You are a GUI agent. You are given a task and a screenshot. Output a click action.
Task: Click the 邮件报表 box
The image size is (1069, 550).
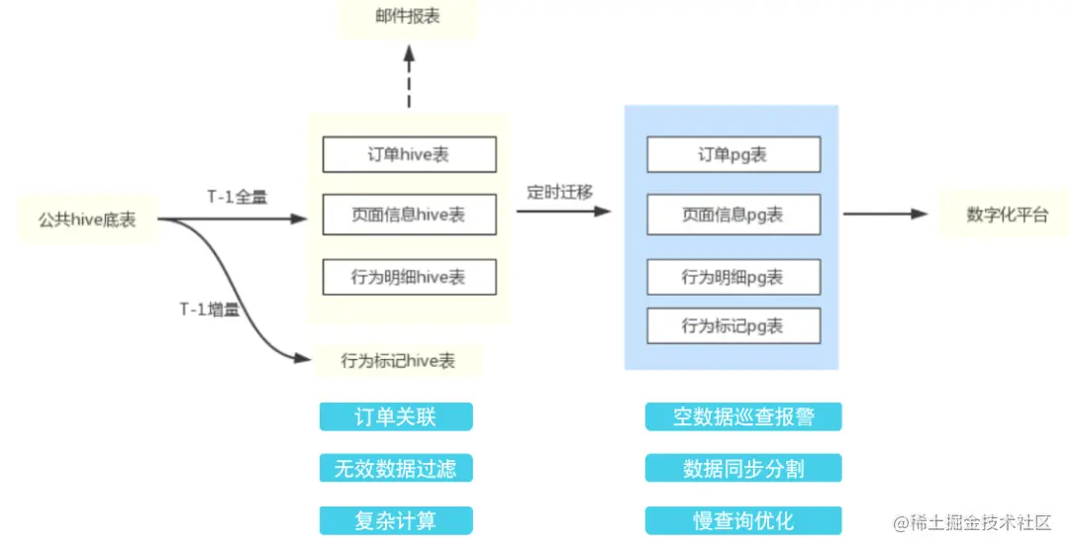pyautogui.click(x=408, y=19)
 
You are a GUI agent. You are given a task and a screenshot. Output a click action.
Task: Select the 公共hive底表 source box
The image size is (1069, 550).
pyautogui.click(x=87, y=220)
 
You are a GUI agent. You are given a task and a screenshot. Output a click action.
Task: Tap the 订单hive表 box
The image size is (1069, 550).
pyautogui.click(x=409, y=154)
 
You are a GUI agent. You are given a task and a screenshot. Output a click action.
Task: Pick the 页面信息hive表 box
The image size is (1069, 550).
pyautogui.click(x=409, y=215)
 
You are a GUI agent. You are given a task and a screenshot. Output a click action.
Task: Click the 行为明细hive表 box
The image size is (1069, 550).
pyautogui.click(x=409, y=277)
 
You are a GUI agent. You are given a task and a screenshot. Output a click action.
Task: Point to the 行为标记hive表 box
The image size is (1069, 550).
pyautogui.click(x=398, y=361)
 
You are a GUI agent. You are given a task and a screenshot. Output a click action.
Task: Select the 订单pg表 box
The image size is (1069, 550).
pyautogui.click(x=732, y=154)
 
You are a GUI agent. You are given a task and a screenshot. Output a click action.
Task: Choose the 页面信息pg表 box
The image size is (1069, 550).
pyautogui.click(x=732, y=215)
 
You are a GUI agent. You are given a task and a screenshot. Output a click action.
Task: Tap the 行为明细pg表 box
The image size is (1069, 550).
pyautogui.click(x=732, y=277)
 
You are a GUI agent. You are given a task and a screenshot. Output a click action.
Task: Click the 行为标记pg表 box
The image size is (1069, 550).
pyautogui.click(x=732, y=325)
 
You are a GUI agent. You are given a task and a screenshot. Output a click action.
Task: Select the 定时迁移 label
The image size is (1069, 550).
pyautogui.click(x=559, y=192)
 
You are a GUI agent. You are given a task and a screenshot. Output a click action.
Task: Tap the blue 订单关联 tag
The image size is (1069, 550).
pyautogui.click(x=396, y=416)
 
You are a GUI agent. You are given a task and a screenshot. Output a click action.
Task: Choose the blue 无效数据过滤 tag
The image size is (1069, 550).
pyautogui.click(x=396, y=468)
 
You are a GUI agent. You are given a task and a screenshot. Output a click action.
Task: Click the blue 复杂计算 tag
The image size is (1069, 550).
pyautogui.click(x=396, y=520)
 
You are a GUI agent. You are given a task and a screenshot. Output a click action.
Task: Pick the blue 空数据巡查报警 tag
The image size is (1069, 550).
pyautogui.click(x=743, y=416)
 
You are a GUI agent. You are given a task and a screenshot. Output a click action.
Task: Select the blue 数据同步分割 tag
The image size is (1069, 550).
pyautogui.click(x=743, y=468)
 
